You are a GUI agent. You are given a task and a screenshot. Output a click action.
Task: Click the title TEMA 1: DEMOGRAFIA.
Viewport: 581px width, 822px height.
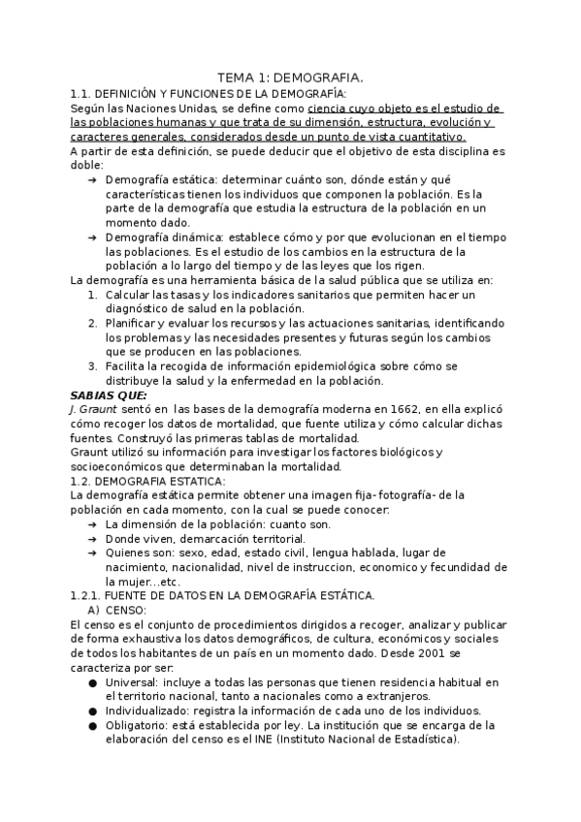(x=290, y=77)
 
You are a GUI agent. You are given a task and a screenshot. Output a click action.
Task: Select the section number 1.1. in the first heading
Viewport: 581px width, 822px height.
(x=81, y=93)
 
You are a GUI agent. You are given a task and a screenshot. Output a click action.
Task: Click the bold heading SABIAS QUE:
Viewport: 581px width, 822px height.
(x=110, y=395)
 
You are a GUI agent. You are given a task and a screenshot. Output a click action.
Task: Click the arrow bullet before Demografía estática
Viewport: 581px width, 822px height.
(x=91, y=180)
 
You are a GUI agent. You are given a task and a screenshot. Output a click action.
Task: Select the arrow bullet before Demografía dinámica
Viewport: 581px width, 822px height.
(x=91, y=237)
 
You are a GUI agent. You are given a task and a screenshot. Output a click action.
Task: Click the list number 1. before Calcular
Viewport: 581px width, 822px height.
(x=91, y=295)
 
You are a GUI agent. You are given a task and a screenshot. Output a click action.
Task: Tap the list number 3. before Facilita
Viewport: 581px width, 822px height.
(x=91, y=367)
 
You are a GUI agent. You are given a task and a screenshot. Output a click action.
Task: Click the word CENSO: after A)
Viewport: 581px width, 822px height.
(x=128, y=611)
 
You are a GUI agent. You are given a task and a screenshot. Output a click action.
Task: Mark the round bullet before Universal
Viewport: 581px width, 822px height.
(x=92, y=682)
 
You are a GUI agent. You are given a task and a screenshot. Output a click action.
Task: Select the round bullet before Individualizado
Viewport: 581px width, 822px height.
(x=92, y=711)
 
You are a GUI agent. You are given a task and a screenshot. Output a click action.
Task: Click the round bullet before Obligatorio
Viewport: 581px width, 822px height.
(x=92, y=725)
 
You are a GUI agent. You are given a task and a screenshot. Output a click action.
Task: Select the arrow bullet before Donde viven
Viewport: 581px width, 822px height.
(x=91, y=539)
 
